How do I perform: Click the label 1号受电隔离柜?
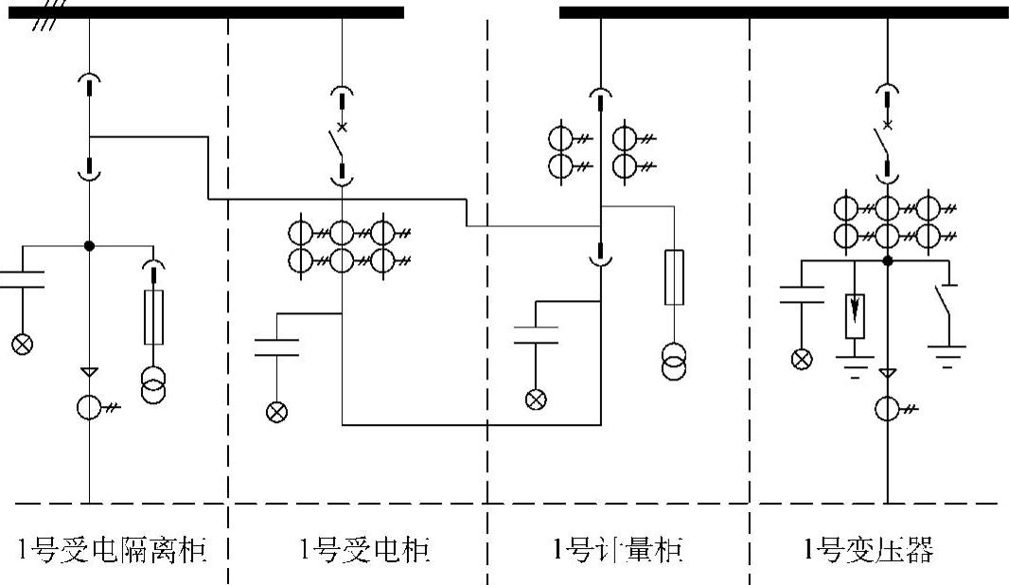(x=113, y=550)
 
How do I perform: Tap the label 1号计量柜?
(x=617, y=550)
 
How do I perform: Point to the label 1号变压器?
(x=868, y=550)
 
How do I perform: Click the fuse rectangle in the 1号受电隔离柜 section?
(x=153, y=317)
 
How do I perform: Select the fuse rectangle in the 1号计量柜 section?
(x=674, y=277)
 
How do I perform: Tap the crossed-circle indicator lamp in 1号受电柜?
(x=277, y=411)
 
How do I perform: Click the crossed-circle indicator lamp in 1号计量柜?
(x=536, y=399)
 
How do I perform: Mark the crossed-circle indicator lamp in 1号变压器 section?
(x=802, y=359)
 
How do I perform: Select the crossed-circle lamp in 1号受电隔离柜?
(x=21, y=343)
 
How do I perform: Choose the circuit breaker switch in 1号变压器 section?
(x=881, y=145)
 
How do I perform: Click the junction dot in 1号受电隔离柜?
(x=89, y=245)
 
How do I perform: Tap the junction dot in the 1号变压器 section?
(x=887, y=260)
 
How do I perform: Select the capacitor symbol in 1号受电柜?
(x=277, y=346)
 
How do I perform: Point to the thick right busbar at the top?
(x=784, y=12)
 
